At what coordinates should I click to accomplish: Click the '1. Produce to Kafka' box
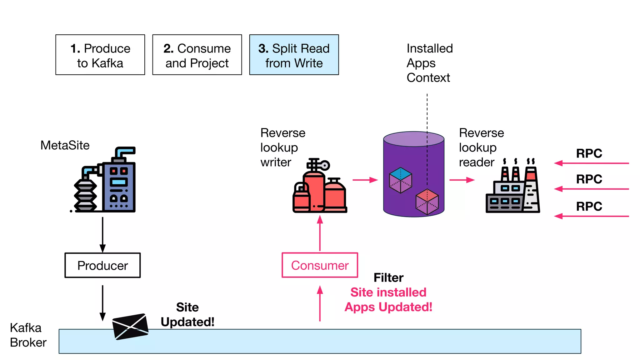pos(100,55)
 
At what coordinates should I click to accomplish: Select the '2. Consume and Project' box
pos(197,55)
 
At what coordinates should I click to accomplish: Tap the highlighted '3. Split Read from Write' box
pos(294,55)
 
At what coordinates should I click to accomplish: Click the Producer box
pos(102,265)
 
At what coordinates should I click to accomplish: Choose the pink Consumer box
pos(320,265)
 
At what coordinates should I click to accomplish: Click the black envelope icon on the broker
pos(130,326)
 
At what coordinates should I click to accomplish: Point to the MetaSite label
pos(65,145)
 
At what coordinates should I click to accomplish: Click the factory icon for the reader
pos(512,187)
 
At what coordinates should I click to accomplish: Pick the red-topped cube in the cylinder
pos(427,202)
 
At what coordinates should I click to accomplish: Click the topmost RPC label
pos(589,153)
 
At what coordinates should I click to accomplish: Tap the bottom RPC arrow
pos(591,216)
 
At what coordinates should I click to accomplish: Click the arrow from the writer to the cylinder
pos(365,180)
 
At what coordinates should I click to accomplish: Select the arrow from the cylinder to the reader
pos(462,180)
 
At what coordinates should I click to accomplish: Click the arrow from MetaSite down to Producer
pos(102,234)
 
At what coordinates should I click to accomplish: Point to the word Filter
pos(388,277)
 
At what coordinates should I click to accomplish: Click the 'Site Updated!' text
pos(187,314)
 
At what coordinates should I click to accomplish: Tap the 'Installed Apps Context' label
pos(429,63)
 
